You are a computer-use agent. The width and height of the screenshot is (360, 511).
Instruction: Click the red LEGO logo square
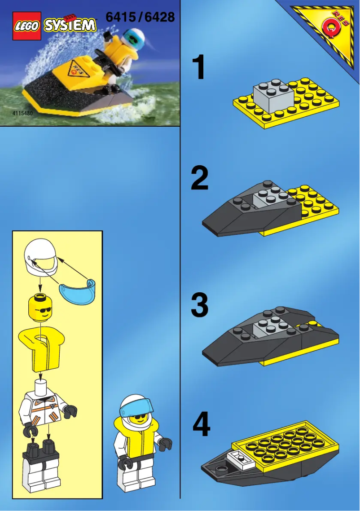[x=27, y=26]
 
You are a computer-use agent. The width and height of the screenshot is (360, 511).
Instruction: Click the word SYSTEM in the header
[x=70, y=25]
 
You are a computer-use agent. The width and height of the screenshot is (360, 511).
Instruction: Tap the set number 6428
[x=159, y=18]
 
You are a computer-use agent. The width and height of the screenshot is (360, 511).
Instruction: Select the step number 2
[x=199, y=178]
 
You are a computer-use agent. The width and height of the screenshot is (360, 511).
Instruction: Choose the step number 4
[x=201, y=426]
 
